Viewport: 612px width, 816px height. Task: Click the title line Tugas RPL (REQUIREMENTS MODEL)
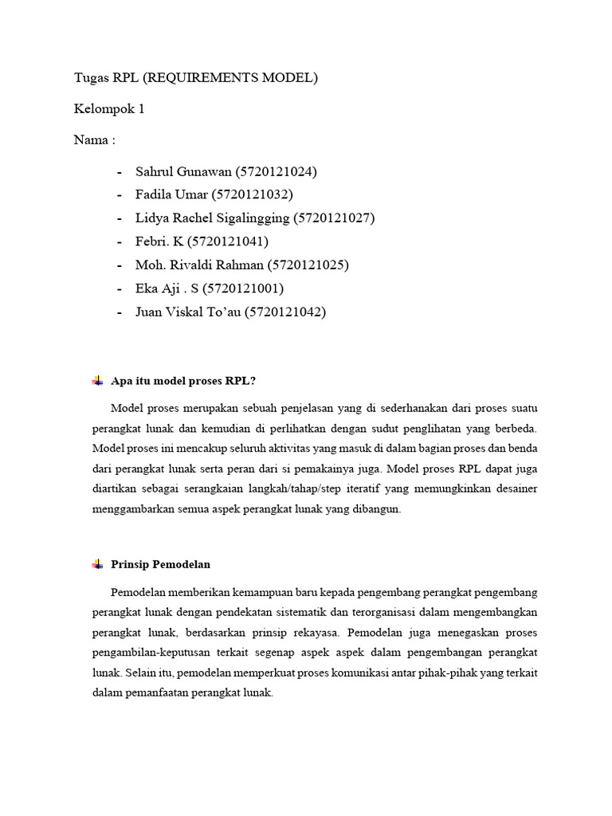tap(196, 78)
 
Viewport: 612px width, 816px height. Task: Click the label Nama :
tap(95, 140)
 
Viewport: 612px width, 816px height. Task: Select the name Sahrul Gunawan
tap(183, 171)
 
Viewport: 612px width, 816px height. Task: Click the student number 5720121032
tap(253, 194)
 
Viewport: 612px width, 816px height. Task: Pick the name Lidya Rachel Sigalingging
tap(213, 218)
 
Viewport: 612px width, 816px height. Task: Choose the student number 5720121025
tap(308, 265)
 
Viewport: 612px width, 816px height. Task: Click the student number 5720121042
tap(285, 312)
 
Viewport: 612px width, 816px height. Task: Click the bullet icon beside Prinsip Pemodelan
tap(97, 564)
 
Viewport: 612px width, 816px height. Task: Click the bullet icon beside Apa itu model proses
tap(97, 382)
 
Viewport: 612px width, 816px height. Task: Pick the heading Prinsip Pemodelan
tap(161, 564)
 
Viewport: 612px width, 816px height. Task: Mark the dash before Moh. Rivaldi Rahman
tap(120, 265)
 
